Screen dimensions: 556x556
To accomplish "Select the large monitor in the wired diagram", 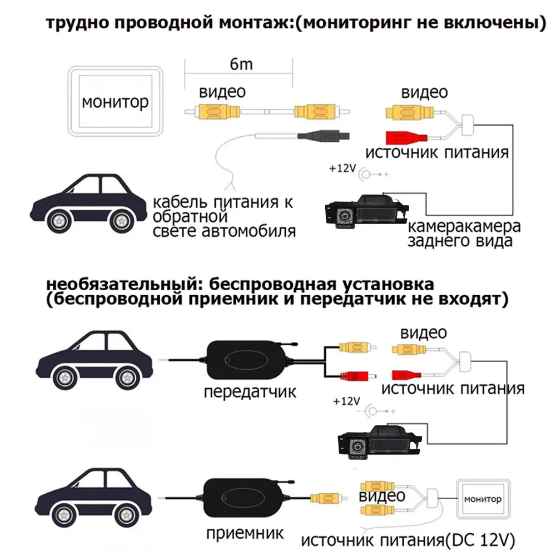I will click(116, 101).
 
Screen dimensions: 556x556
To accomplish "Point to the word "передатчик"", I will click(250, 391).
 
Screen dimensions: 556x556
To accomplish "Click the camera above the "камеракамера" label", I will click(366, 213).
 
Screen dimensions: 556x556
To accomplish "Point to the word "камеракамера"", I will click(464, 227).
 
